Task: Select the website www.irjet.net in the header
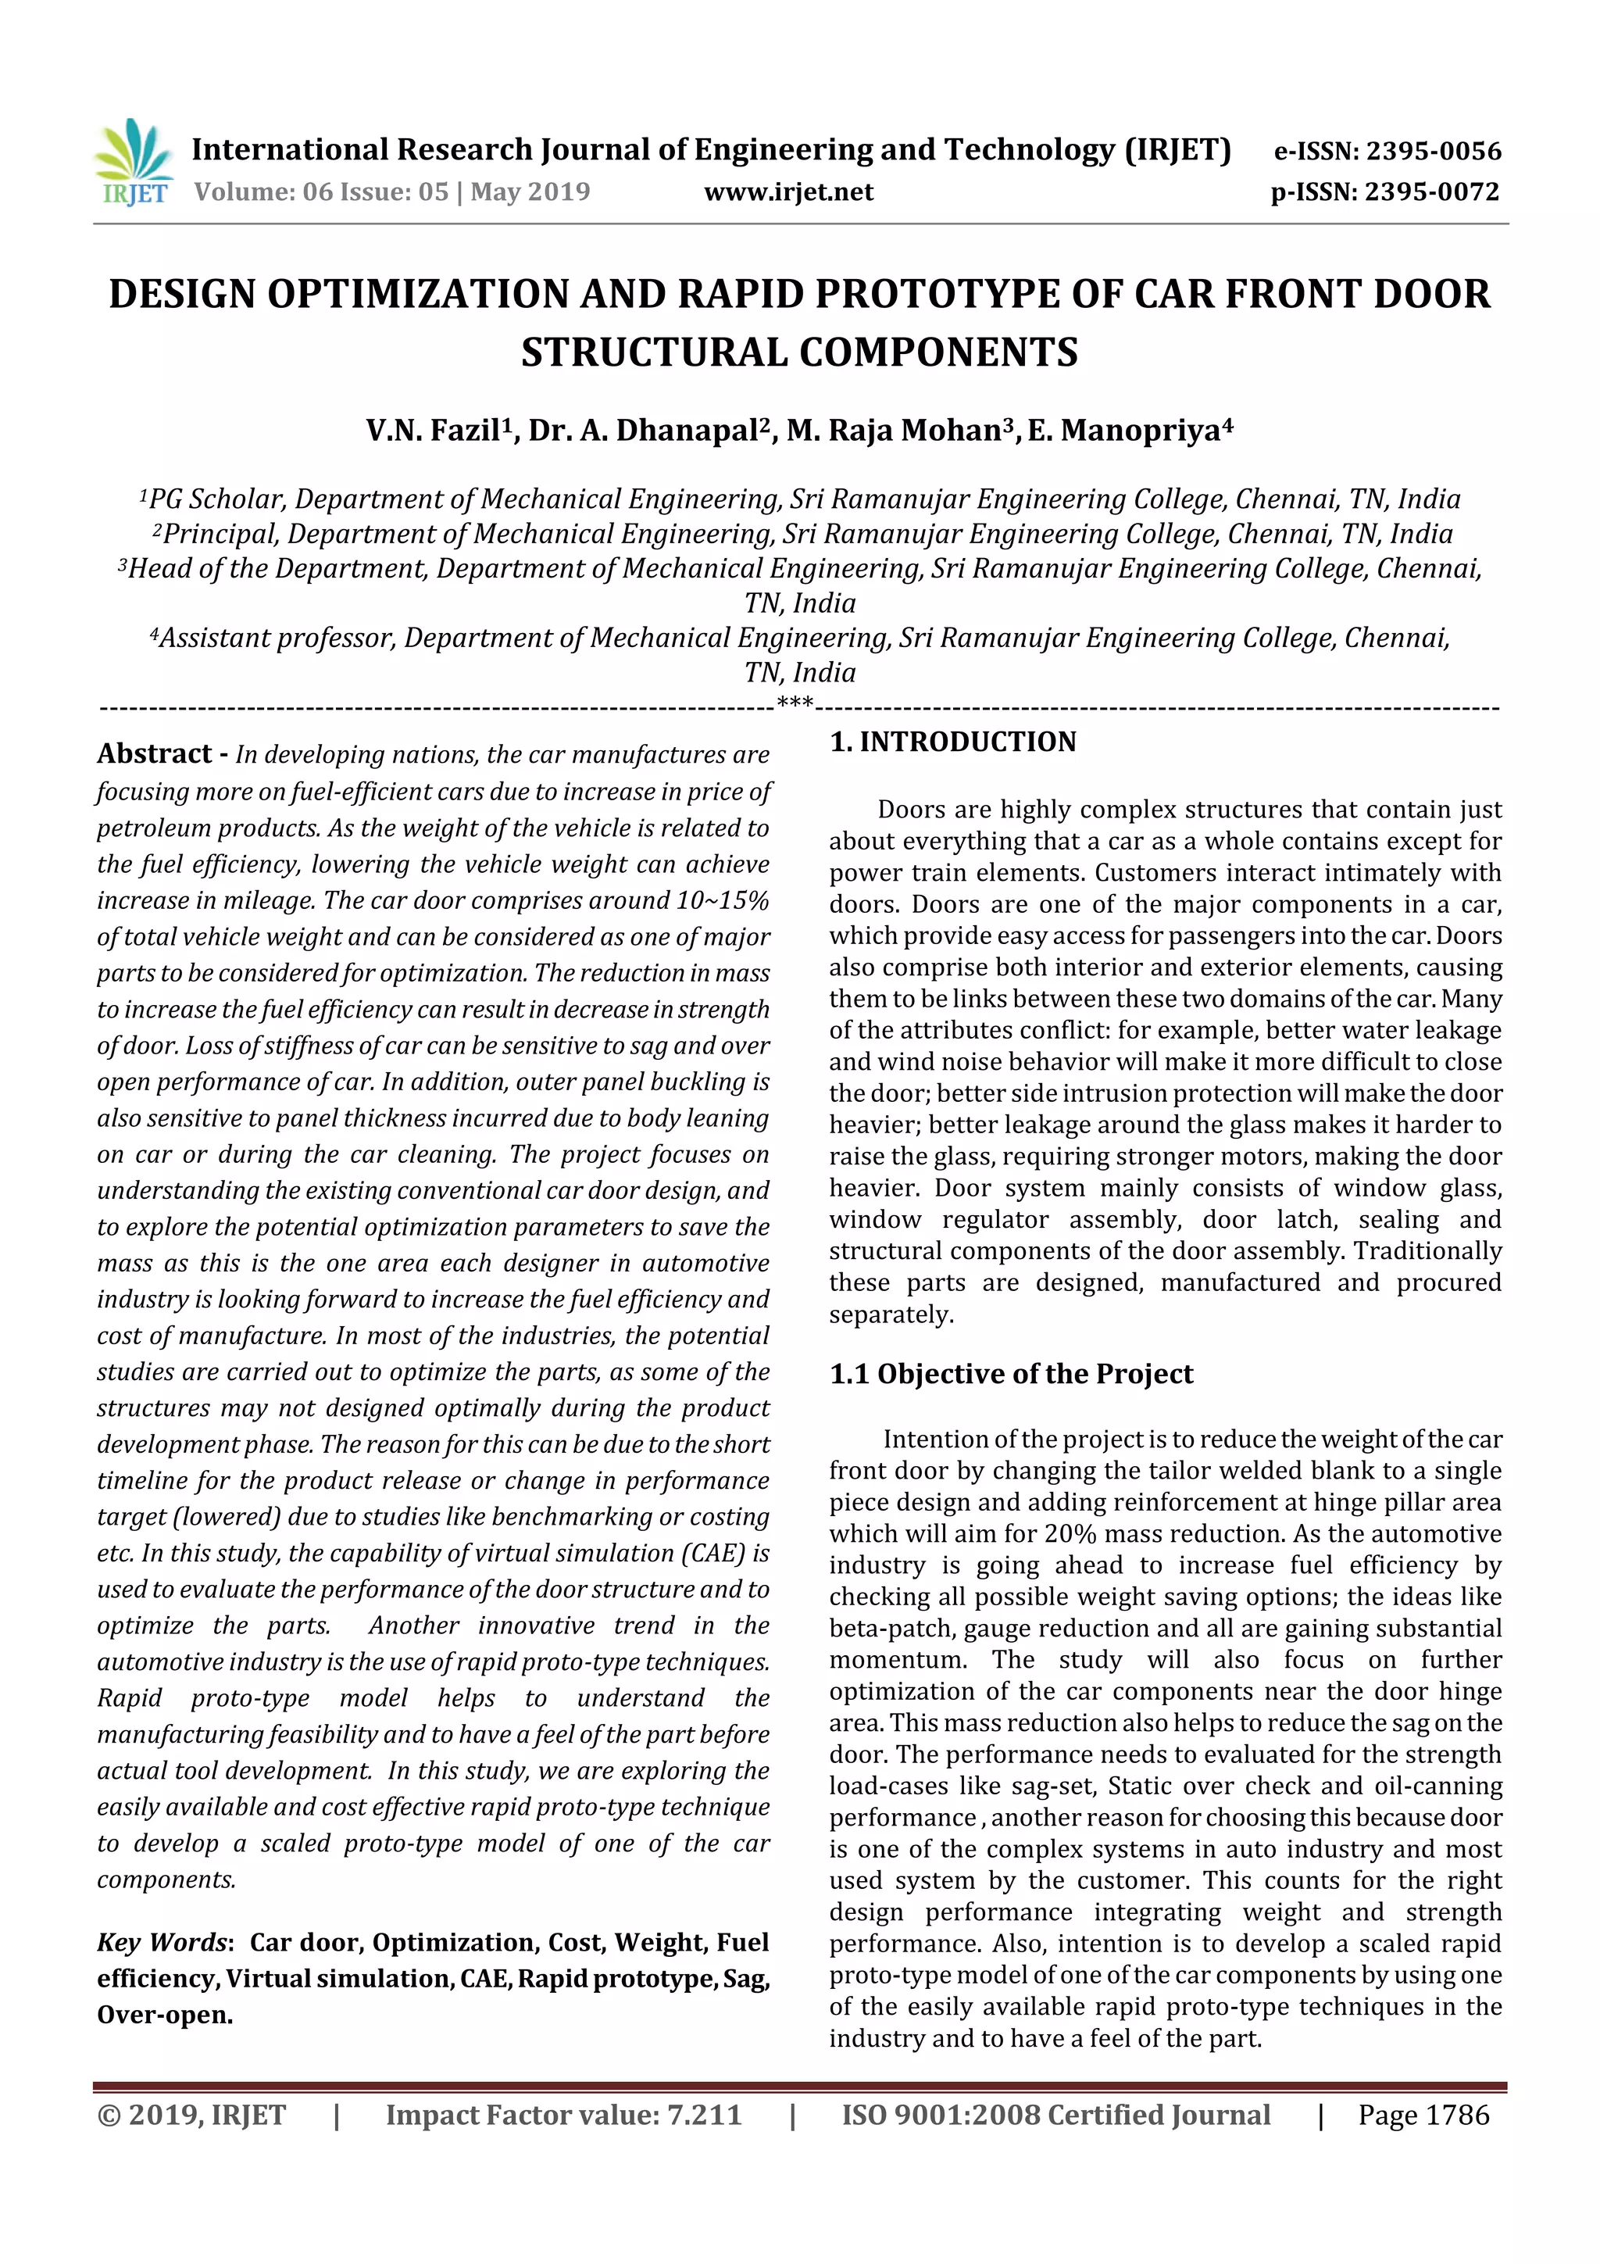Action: (x=787, y=192)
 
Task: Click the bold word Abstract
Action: (x=155, y=754)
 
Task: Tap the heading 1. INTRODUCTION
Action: (x=952, y=742)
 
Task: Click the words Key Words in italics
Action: (x=162, y=1943)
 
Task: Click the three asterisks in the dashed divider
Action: (x=795, y=703)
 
